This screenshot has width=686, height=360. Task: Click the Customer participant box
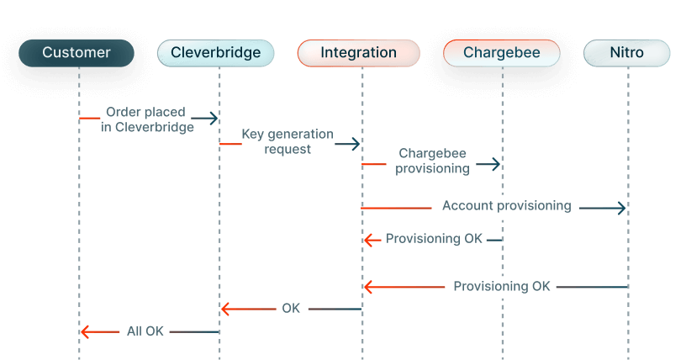77,53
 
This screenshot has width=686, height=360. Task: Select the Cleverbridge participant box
216,53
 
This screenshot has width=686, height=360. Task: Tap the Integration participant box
359,53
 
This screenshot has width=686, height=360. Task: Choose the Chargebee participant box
503,53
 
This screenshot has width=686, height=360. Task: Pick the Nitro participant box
627,53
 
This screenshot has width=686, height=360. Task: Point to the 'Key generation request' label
288,141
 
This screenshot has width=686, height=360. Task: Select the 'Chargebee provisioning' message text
432,161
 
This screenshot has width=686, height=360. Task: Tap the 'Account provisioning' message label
506,206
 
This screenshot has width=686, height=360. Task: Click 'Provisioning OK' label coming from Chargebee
434,239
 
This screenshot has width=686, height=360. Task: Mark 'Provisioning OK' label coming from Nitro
502,286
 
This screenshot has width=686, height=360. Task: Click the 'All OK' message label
145,331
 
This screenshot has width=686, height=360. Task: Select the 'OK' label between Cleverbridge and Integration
291,309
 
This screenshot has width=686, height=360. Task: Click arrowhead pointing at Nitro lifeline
622,207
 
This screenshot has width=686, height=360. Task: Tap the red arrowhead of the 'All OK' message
84,331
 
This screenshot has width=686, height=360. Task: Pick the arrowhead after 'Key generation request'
356,145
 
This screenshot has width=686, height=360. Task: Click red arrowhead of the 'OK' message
225,310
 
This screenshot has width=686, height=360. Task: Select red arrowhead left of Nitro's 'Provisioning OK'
368,287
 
